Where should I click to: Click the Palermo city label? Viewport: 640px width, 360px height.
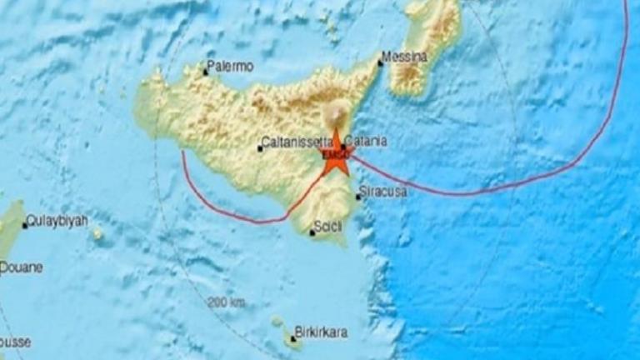point(230,66)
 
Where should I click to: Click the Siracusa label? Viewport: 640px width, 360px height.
point(382,192)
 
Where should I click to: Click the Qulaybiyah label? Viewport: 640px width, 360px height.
point(57,222)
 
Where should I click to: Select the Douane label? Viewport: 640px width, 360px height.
point(21,267)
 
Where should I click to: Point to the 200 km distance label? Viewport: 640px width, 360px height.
point(227,302)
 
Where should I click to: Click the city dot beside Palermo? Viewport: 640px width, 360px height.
point(206,72)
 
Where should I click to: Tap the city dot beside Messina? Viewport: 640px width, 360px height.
point(381,62)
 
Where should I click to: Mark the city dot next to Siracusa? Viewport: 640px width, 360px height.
point(358,197)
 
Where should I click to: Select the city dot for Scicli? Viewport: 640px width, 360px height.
point(312,232)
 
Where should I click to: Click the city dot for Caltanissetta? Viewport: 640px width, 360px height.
point(260,149)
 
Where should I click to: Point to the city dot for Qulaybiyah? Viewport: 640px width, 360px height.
point(25,225)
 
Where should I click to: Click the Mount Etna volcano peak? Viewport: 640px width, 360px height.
point(337,110)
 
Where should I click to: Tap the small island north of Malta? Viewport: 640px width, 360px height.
point(277,322)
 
